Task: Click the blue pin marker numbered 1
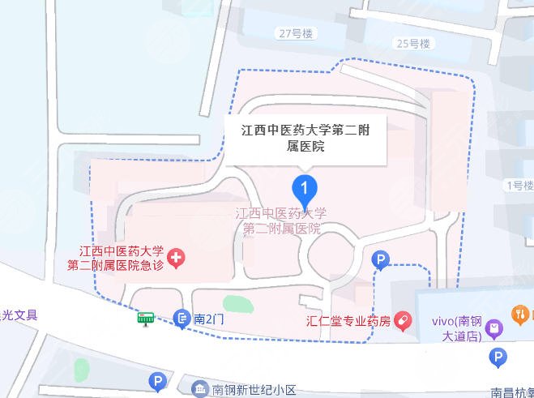pyautogui.click(x=304, y=190)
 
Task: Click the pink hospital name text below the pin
pyautogui.click(x=281, y=220)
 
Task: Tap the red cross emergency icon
pyautogui.click(x=176, y=258)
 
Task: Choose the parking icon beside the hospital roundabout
pyautogui.click(x=379, y=259)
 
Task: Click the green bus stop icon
pyautogui.click(x=146, y=318)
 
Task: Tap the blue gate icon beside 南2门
pyautogui.click(x=182, y=319)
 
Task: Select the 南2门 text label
pyautogui.click(x=208, y=319)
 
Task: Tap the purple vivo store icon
pyautogui.click(x=496, y=328)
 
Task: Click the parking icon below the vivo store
pyautogui.click(x=498, y=357)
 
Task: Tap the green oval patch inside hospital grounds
pyautogui.click(x=237, y=306)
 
